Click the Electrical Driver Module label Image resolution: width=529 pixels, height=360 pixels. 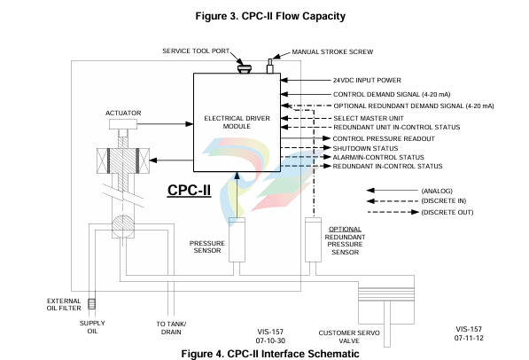[237, 122]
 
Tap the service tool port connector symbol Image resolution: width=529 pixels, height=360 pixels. [245, 69]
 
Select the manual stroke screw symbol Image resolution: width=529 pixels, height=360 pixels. [270, 67]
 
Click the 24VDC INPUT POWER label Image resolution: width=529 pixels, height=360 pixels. [367, 81]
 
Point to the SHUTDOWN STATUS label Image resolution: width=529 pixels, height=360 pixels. [365, 148]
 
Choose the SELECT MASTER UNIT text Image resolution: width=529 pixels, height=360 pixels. [369, 118]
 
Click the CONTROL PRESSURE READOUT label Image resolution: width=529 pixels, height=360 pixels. [384, 139]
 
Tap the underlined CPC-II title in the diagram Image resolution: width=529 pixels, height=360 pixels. [189, 190]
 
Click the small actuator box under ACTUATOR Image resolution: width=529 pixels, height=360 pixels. [123, 124]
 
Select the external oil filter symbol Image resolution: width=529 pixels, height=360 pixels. [92, 303]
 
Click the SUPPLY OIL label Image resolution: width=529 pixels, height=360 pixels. [92, 327]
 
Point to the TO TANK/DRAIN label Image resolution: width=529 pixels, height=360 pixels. [171, 328]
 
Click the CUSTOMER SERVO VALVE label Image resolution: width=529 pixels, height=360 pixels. [349, 337]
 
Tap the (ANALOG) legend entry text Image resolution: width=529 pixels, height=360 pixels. [437, 191]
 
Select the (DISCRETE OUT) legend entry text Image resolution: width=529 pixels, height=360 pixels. [447, 212]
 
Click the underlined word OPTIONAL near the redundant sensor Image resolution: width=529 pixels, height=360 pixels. [345, 229]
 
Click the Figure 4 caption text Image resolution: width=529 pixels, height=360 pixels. [270, 354]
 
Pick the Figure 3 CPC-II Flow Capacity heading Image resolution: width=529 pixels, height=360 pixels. [270, 16]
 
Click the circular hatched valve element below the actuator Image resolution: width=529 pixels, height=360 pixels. [123, 227]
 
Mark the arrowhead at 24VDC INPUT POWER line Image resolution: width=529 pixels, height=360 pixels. [284, 80]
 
